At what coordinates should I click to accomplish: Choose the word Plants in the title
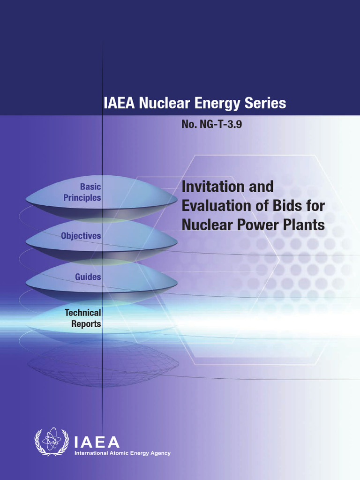click(304, 225)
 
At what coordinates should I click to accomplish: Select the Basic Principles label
click(82, 192)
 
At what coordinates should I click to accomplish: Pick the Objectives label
click(81, 236)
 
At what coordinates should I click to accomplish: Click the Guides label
click(88, 277)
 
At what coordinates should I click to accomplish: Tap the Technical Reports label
click(83, 318)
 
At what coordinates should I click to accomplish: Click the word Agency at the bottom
click(159, 453)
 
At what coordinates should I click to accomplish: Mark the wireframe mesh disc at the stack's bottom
click(103, 363)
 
